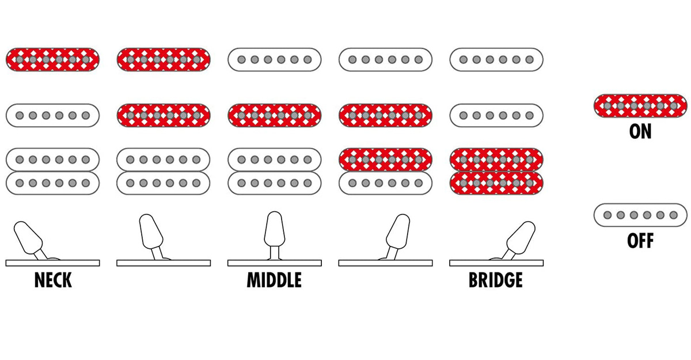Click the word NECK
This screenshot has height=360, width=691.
tap(53, 280)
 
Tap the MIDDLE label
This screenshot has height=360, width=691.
tap(274, 280)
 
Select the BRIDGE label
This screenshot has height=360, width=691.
tap(496, 280)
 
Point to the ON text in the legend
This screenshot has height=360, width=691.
tap(640, 131)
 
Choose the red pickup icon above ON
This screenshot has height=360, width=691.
tap(640, 106)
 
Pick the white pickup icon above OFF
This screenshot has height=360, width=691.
tap(640, 215)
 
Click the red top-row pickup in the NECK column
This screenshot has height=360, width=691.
tap(53, 59)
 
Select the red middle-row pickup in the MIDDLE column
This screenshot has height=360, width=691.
tap(274, 115)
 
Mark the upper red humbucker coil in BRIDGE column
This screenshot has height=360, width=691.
tap(496, 159)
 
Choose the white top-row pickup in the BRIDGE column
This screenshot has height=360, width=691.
tap(496, 59)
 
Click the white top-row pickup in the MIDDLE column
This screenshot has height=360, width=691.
tap(274, 59)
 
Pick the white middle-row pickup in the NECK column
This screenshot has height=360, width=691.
tap(53, 115)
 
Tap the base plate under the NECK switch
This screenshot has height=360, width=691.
tap(53, 263)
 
